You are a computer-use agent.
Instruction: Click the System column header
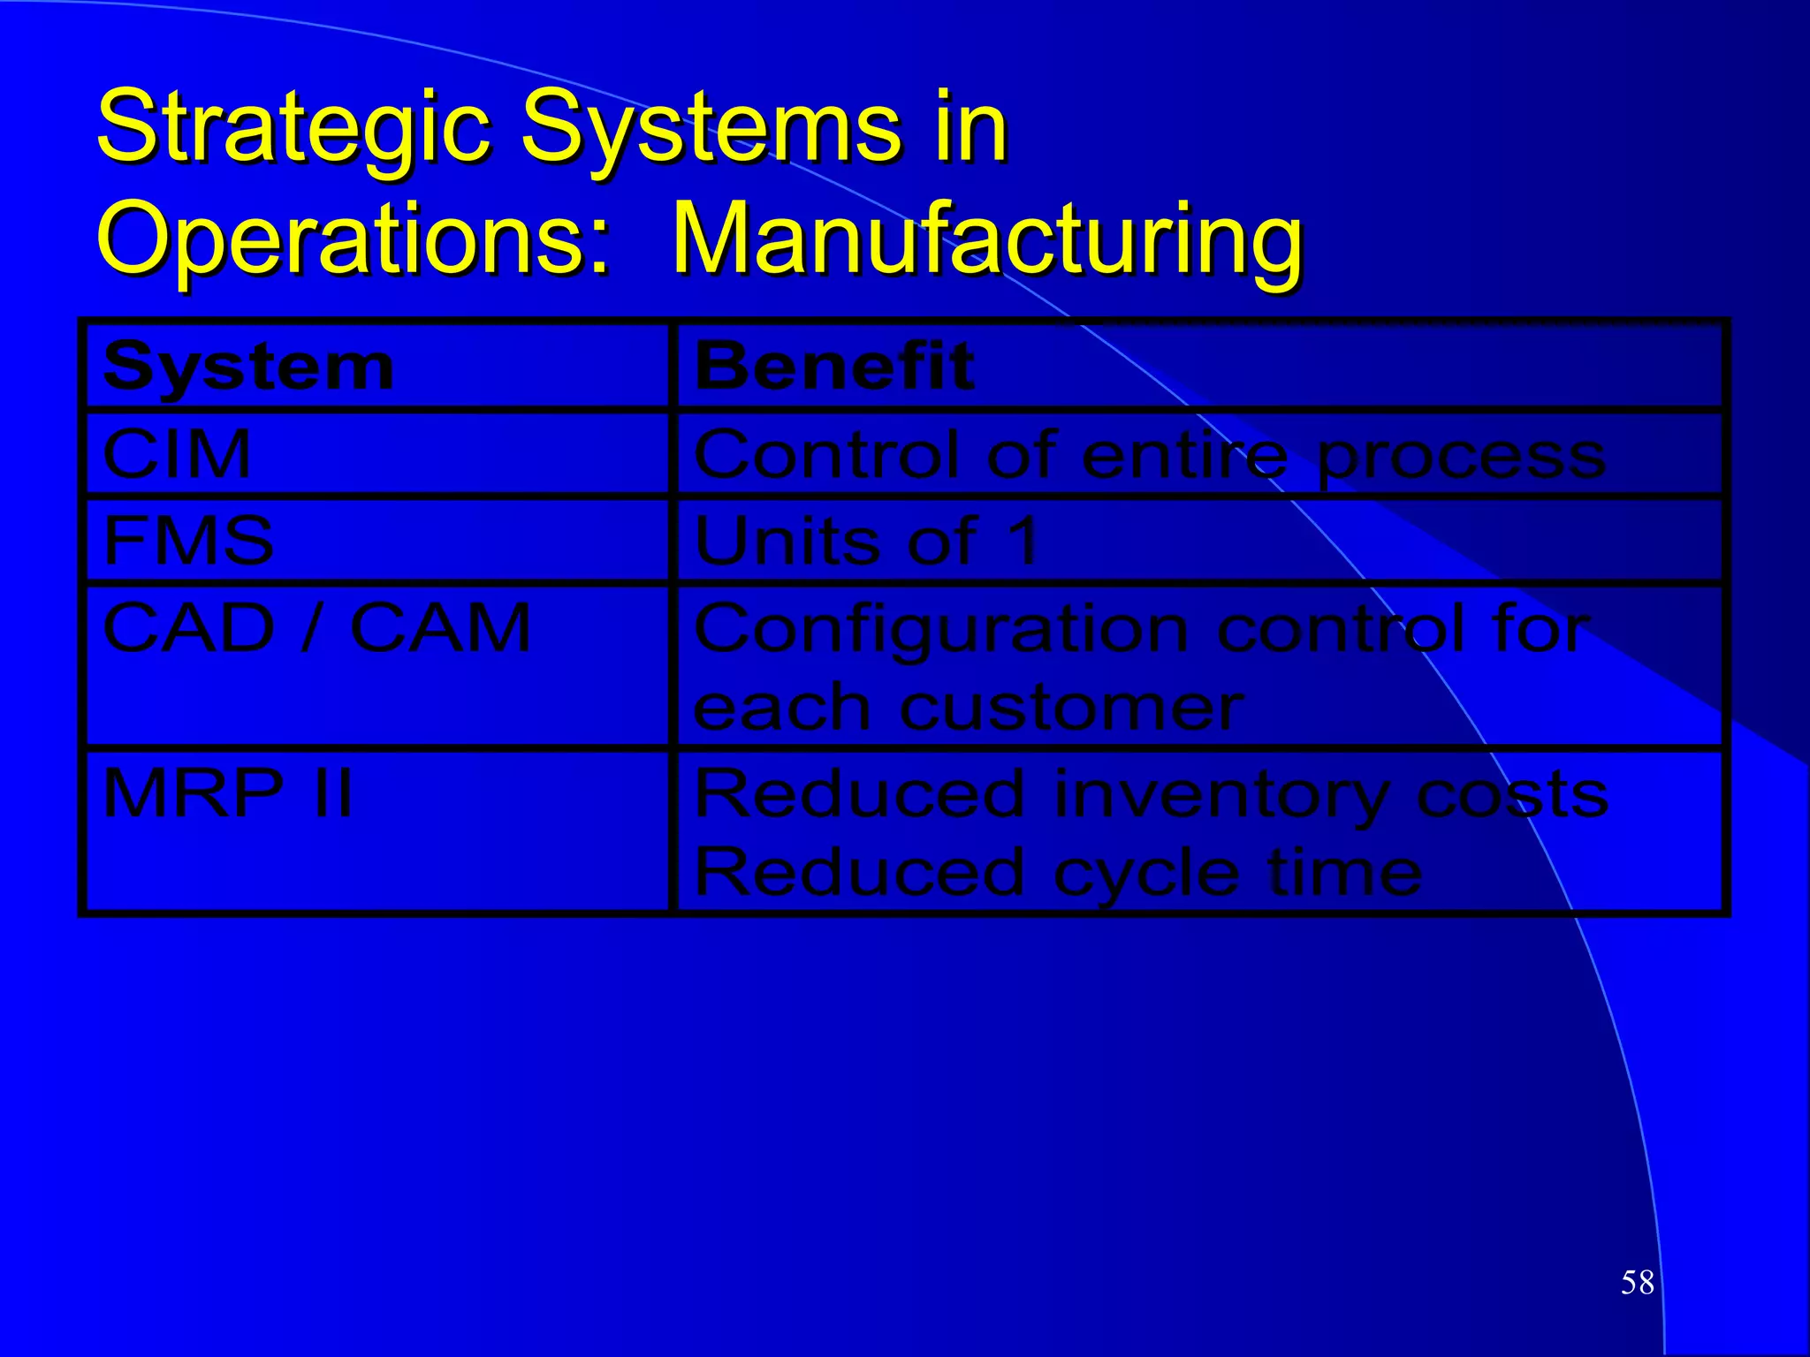coord(248,367)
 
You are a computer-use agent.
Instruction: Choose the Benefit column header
coord(834,367)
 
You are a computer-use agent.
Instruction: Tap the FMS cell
coord(188,541)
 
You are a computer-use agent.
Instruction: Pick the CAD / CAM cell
coord(316,628)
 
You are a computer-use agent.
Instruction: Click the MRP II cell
coord(228,793)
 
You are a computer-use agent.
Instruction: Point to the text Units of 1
coord(866,541)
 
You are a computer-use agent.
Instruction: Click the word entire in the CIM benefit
coord(1185,456)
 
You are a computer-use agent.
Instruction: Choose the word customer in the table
coord(1072,709)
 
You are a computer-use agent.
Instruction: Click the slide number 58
coord(1637,1282)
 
